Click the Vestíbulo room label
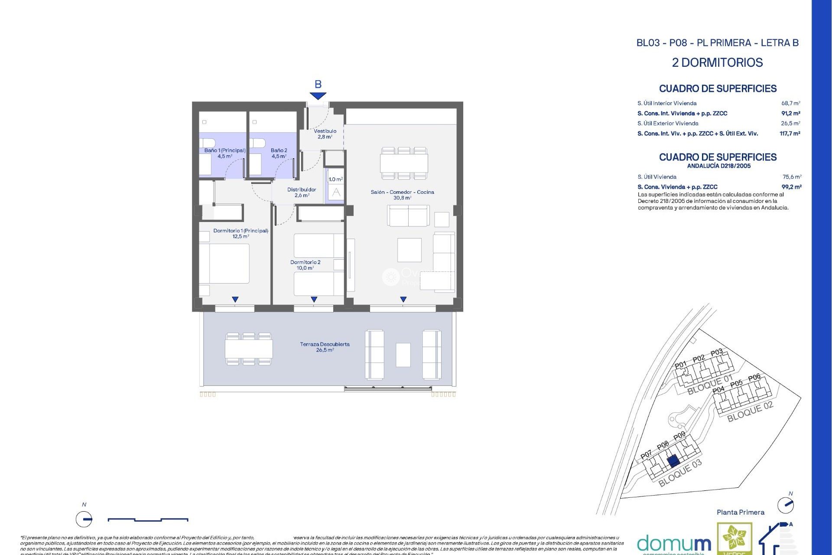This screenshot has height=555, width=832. (325, 134)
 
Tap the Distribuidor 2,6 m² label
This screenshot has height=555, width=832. (302, 192)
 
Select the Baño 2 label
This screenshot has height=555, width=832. (279, 153)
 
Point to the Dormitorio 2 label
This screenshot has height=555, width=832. (305, 265)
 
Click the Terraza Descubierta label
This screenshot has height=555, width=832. (325, 347)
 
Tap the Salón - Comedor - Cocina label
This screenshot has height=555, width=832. (402, 195)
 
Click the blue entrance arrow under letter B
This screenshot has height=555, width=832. (318, 96)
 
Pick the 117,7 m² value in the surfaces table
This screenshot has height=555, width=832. (790, 134)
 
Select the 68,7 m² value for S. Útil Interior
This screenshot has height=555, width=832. (790, 103)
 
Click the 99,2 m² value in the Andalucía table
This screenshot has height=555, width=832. (791, 187)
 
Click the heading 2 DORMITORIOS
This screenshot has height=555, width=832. (717, 62)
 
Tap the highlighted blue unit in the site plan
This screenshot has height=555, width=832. (673, 461)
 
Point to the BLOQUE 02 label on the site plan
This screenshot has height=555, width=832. (750, 411)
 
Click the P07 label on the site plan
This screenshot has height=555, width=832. (646, 454)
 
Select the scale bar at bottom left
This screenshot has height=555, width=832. (147, 519)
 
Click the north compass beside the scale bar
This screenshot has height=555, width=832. (84, 519)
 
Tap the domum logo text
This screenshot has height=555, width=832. (673, 543)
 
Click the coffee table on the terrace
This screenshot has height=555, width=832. (403, 355)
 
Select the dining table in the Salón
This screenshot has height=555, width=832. (404, 163)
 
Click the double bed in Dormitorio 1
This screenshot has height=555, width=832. (224, 264)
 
